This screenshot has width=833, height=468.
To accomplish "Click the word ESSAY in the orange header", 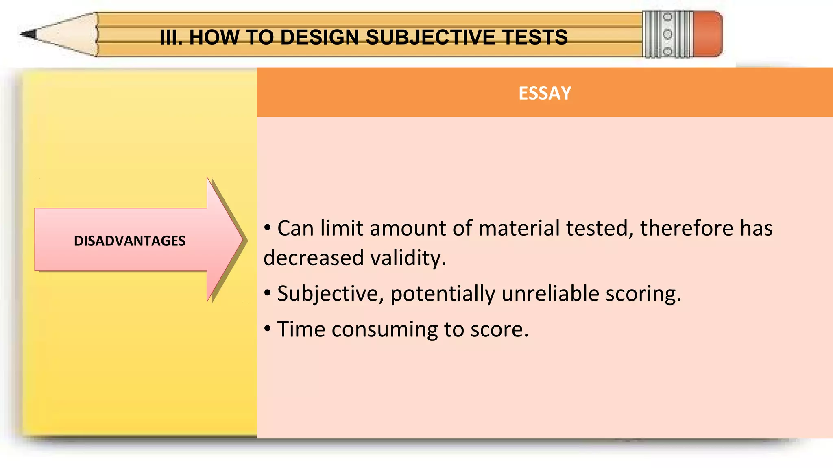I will point(545,93).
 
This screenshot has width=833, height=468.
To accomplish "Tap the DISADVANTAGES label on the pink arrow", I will point(129,241).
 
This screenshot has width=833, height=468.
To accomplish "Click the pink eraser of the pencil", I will point(708,34).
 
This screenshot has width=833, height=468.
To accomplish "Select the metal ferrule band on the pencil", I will point(667,34).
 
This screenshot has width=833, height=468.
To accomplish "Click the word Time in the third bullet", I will point(301,329).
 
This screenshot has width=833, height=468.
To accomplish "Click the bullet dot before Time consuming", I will point(267,328).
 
